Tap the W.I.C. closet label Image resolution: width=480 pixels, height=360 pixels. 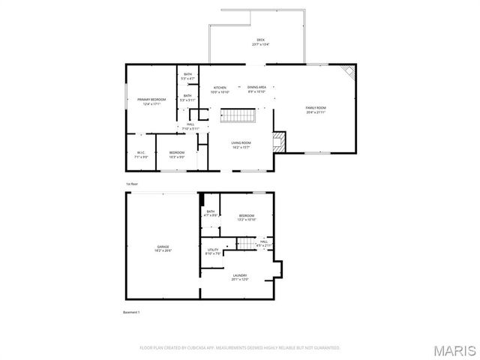pyautogui.click(x=140, y=155)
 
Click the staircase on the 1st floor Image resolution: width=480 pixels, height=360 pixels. pyautogui.click(x=238, y=116)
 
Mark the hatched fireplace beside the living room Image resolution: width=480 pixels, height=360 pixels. pyautogui.click(x=279, y=142)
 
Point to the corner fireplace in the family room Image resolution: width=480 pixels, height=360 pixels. pyautogui.click(x=349, y=73)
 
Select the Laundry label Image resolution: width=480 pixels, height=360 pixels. pyautogui.click(x=240, y=277)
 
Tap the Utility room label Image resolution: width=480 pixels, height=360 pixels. pyautogui.click(x=213, y=251)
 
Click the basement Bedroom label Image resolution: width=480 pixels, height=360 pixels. pyautogui.click(x=247, y=217)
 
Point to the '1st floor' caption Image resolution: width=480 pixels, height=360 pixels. pyautogui.click(x=132, y=184)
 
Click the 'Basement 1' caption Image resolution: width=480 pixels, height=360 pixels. pyautogui.click(x=132, y=312)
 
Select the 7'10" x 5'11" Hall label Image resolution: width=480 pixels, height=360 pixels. pyautogui.click(x=190, y=127)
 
